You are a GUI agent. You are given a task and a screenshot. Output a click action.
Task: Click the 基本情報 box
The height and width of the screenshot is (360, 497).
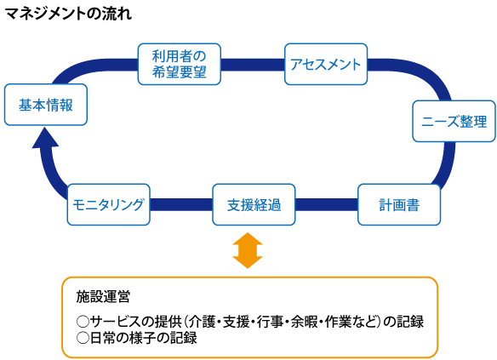(x=45, y=105)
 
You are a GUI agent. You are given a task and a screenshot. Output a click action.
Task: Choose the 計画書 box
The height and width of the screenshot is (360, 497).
(x=398, y=204)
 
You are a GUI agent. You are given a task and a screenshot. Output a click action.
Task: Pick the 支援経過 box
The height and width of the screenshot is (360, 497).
(x=253, y=204)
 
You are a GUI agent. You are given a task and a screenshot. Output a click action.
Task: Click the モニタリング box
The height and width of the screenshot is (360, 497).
(x=107, y=204)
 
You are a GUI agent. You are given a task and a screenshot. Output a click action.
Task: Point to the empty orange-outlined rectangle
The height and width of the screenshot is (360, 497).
(x=249, y=317)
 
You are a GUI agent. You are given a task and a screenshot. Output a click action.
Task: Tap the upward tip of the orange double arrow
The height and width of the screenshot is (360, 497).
(x=248, y=235)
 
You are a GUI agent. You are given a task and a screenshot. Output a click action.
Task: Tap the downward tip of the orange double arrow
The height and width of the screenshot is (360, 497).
(x=248, y=266)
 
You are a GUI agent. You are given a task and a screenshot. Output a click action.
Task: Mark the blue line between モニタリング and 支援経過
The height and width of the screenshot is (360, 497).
(x=180, y=204)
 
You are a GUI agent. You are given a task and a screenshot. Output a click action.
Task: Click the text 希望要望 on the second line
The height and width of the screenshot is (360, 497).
(x=179, y=72)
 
